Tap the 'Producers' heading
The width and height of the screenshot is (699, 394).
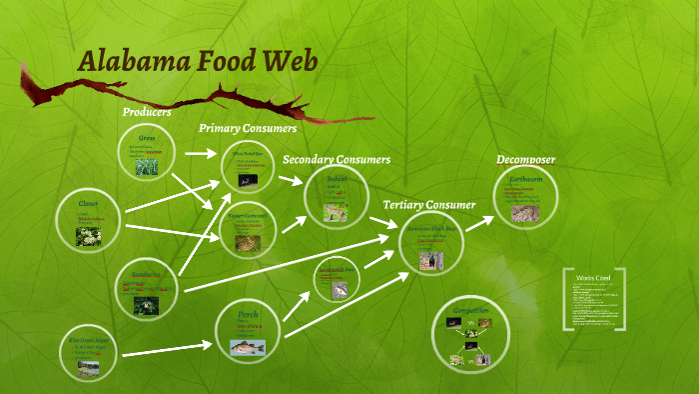click(x=147, y=112)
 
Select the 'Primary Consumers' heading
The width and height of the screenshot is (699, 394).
click(x=248, y=128)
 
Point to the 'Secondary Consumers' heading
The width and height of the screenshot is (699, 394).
click(x=337, y=159)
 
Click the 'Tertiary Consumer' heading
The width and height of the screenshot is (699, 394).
click(x=429, y=204)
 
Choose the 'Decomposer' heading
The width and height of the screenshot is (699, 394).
click(x=526, y=160)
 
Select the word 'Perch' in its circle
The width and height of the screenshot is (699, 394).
click(x=248, y=314)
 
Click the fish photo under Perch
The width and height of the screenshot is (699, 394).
click(x=246, y=346)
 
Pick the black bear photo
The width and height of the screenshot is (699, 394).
click(x=430, y=259)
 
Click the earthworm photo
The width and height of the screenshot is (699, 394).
click(x=524, y=212)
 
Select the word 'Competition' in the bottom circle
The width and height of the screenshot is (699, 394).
click(x=470, y=311)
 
